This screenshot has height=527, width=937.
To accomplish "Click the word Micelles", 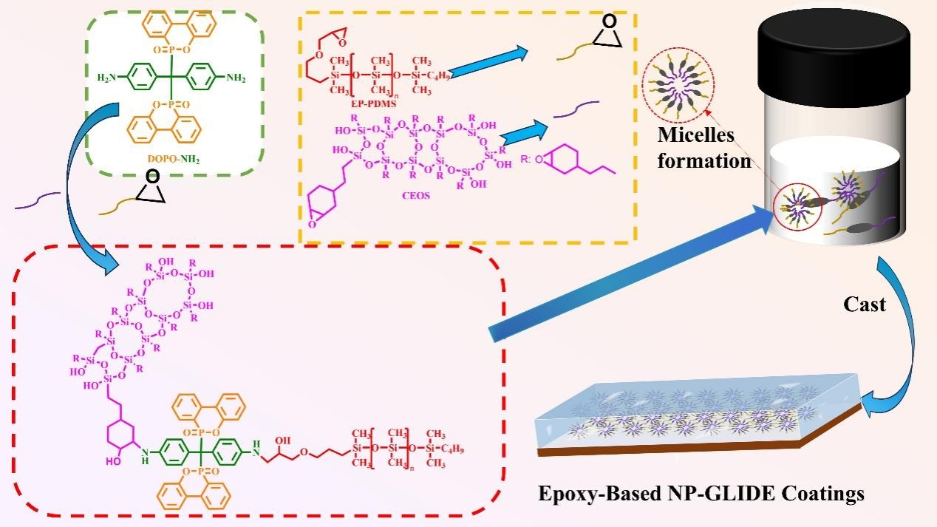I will [698, 136].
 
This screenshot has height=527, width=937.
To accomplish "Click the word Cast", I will [865, 304].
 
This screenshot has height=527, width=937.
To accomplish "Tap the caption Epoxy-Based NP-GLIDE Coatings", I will [701, 493].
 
